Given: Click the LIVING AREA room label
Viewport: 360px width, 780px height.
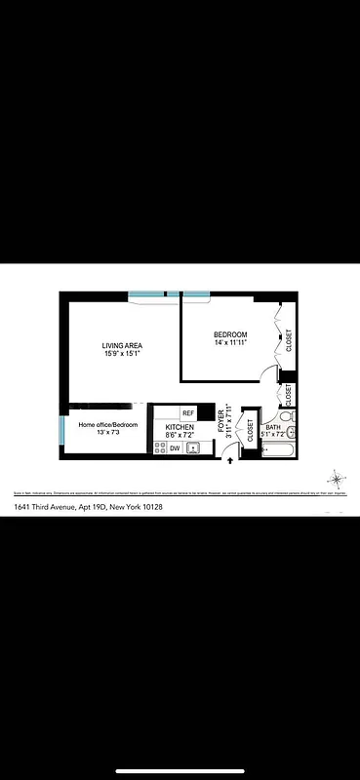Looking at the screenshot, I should (123, 346).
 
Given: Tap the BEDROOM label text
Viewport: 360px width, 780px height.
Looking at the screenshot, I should (230, 334).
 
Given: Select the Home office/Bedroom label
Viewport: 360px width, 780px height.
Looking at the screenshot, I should (108, 425).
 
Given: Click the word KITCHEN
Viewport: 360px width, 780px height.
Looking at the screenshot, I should (180, 428).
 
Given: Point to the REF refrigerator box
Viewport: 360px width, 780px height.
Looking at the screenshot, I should (188, 412).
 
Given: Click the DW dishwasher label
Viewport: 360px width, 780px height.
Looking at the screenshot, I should (175, 448).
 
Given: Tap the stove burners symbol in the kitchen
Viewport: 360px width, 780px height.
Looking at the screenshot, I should (159, 448).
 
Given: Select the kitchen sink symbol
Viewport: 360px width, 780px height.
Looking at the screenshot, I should (193, 448).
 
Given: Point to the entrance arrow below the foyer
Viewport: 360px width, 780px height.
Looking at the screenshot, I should (229, 473).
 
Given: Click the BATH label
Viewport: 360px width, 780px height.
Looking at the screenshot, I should (273, 427).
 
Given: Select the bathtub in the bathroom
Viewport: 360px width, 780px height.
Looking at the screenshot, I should (277, 449).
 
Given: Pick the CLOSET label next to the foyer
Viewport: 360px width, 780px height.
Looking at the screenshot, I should (251, 431).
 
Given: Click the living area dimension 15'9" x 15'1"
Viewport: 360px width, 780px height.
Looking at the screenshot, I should (123, 355).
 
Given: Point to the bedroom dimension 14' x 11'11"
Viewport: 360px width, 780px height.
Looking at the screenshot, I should (230, 343).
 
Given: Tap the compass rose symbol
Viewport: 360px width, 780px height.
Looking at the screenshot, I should (337, 479).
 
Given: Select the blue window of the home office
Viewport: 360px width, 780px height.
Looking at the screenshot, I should (62, 429).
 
